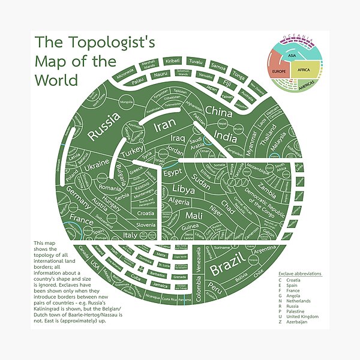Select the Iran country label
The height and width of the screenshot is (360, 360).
click(163, 126)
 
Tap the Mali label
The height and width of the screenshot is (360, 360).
click(194, 215)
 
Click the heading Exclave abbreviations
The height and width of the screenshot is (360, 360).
click(300, 273)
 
